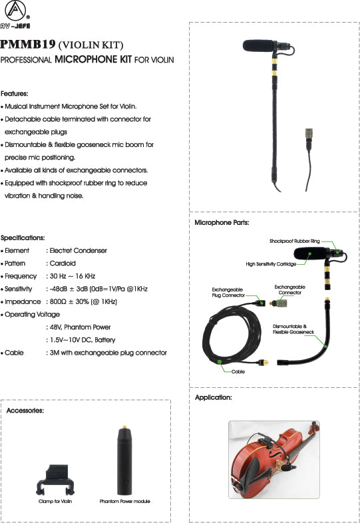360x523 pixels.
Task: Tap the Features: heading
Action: point(15,94)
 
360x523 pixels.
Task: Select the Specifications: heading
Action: point(23,238)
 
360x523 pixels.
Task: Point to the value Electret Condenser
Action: point(78,251)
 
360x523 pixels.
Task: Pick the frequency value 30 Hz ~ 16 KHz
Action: point(73,276)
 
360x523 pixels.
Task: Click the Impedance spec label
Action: point(23,301)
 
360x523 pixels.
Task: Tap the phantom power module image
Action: point(124,459)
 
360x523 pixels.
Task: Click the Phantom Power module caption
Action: point(125,501)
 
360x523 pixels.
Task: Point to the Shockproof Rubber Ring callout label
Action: point(294,241)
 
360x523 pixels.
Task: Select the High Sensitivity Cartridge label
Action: point(271,263)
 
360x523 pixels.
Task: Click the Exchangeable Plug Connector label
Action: point(227,292)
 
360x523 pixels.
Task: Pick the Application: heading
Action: point(213,397)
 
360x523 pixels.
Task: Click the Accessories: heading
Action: point(25,411)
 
